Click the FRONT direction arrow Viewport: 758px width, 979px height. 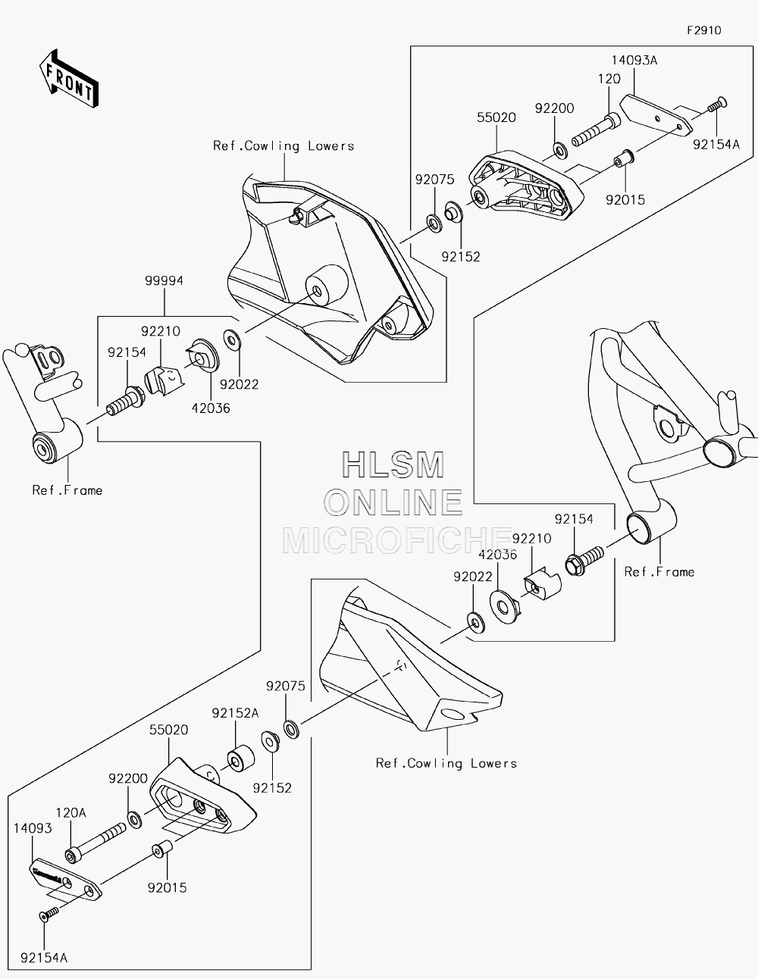tap(68, 78)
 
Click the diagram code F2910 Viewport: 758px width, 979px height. tap(704, 30)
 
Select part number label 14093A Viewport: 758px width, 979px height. tap(634, 61)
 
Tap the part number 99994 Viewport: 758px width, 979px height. tap(164, 280)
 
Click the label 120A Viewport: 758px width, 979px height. tap(70, 813)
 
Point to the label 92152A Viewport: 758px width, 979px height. tap(235, 714)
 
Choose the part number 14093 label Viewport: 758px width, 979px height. tap(33, 828)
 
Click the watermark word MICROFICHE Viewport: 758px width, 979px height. tap(396, 541)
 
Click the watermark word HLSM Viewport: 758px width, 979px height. tap(393, 464)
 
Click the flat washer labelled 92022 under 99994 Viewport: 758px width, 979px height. tap(232, 339)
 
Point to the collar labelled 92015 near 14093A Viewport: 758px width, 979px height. tap(624, 158)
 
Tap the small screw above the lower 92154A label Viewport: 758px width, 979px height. tap(49, 914)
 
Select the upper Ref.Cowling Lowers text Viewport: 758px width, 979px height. tap(283, 146)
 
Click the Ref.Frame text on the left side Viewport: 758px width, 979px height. tap(67, 490)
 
